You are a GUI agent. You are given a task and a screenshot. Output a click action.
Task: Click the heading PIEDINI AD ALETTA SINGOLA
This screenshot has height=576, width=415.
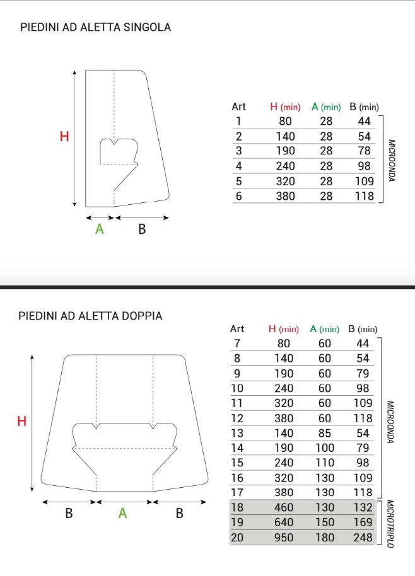point(95,28)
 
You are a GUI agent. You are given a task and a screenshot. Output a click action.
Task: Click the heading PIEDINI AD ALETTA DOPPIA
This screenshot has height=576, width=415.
point(90,316)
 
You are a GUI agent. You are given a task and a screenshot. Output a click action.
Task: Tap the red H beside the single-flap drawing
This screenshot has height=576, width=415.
point(64,136)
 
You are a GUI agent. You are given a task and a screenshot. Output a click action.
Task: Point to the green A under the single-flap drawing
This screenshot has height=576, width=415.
point(99,229)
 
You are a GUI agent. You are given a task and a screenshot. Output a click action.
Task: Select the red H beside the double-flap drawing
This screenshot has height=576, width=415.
point(22,422)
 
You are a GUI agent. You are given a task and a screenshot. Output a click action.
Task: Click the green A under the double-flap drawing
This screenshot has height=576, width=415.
point(123,514)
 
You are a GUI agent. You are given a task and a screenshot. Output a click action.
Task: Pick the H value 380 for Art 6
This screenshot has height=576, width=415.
point(286,197)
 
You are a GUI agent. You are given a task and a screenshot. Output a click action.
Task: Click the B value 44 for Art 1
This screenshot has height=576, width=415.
point(364,121)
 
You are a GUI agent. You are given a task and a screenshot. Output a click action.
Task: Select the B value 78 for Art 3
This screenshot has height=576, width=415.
point(364,151)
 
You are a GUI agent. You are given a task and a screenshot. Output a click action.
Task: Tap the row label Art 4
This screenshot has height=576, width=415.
point(238,166)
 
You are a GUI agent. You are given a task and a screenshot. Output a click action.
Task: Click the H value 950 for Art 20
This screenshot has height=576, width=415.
point(284,537)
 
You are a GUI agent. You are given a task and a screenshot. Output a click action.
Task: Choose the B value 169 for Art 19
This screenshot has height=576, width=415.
point(363,522)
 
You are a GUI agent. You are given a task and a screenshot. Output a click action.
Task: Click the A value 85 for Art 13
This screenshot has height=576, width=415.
point(325,432)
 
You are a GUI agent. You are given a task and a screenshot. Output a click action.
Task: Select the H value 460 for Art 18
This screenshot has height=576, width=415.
point(284,507)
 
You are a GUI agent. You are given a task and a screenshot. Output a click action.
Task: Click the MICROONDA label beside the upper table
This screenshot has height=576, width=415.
point(391,160)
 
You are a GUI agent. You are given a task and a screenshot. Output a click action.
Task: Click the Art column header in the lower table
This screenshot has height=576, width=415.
point(237,329)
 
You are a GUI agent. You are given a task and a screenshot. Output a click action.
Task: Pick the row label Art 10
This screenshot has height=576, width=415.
point(237,388)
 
